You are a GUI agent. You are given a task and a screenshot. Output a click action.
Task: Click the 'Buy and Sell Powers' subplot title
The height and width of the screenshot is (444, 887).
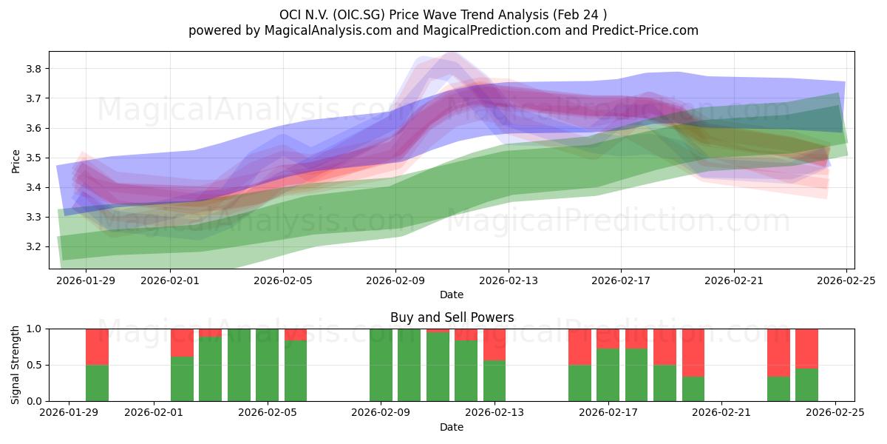(x=452, y=317)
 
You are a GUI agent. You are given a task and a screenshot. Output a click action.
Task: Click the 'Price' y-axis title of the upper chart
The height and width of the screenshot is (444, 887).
(x=16, y=160)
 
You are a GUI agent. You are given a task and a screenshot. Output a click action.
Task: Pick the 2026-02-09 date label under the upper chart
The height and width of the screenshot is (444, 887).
(x=395, y=280)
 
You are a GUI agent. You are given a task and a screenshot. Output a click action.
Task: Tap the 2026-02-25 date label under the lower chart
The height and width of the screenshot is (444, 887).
(x=835, y=413)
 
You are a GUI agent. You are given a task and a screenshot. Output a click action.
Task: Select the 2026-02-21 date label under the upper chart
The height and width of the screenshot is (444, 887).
(x=734, y=280)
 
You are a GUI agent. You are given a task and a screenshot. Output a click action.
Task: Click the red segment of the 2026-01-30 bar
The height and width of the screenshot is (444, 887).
(x=97, y=346)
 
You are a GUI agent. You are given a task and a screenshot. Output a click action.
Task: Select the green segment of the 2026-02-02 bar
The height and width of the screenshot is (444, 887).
(x=182, y=379)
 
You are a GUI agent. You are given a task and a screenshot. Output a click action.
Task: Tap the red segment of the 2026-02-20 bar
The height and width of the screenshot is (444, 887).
(x=693, y=352)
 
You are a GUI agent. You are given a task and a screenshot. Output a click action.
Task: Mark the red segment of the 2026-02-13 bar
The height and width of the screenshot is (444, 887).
(x=495, y=344)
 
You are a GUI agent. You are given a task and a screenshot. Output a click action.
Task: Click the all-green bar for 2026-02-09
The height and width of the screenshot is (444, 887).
(x=381, y=365)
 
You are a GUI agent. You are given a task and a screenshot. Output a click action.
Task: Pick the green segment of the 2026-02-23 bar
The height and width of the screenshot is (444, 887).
(x=778, y=388)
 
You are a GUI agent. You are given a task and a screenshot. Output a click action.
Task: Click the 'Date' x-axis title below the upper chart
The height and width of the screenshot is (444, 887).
(x=452, y=295)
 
